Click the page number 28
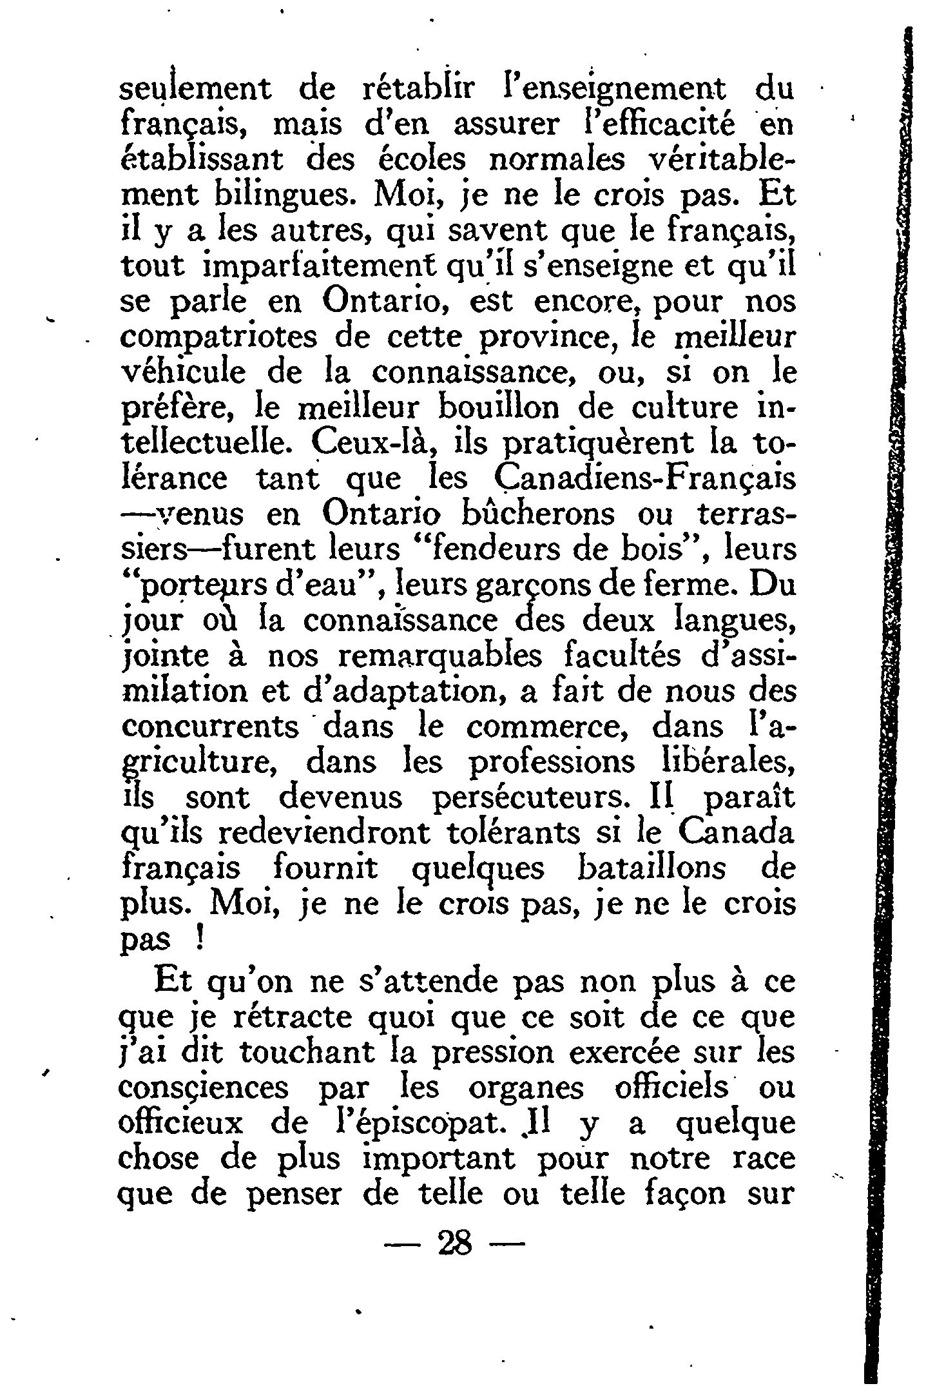(x=456, y=1242)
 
